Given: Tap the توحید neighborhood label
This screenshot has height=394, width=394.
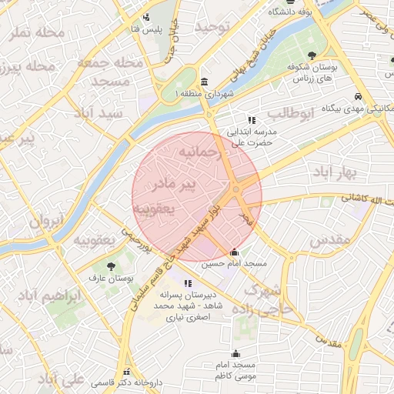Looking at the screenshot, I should (212, 27).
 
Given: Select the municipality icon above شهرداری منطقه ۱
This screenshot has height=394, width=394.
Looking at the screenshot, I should (203, 82).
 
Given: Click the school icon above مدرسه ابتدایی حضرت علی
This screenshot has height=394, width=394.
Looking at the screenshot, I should (251, 119).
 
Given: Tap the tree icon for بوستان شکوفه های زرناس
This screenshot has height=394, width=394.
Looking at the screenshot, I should (312, 55).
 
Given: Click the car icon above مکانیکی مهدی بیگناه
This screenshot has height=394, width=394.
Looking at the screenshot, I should (359, 96).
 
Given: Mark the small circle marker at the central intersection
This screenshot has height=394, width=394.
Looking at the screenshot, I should (235, 189).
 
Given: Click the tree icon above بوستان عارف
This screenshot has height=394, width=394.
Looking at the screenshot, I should (112, 265).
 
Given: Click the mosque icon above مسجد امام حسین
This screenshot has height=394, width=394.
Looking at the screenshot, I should (235, 252).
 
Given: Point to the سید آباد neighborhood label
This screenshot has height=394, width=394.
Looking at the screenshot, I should (98, 112).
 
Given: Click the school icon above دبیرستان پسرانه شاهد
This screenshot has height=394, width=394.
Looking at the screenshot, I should (188, 283).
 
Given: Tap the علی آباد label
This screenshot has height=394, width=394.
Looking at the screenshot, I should (62, 380).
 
